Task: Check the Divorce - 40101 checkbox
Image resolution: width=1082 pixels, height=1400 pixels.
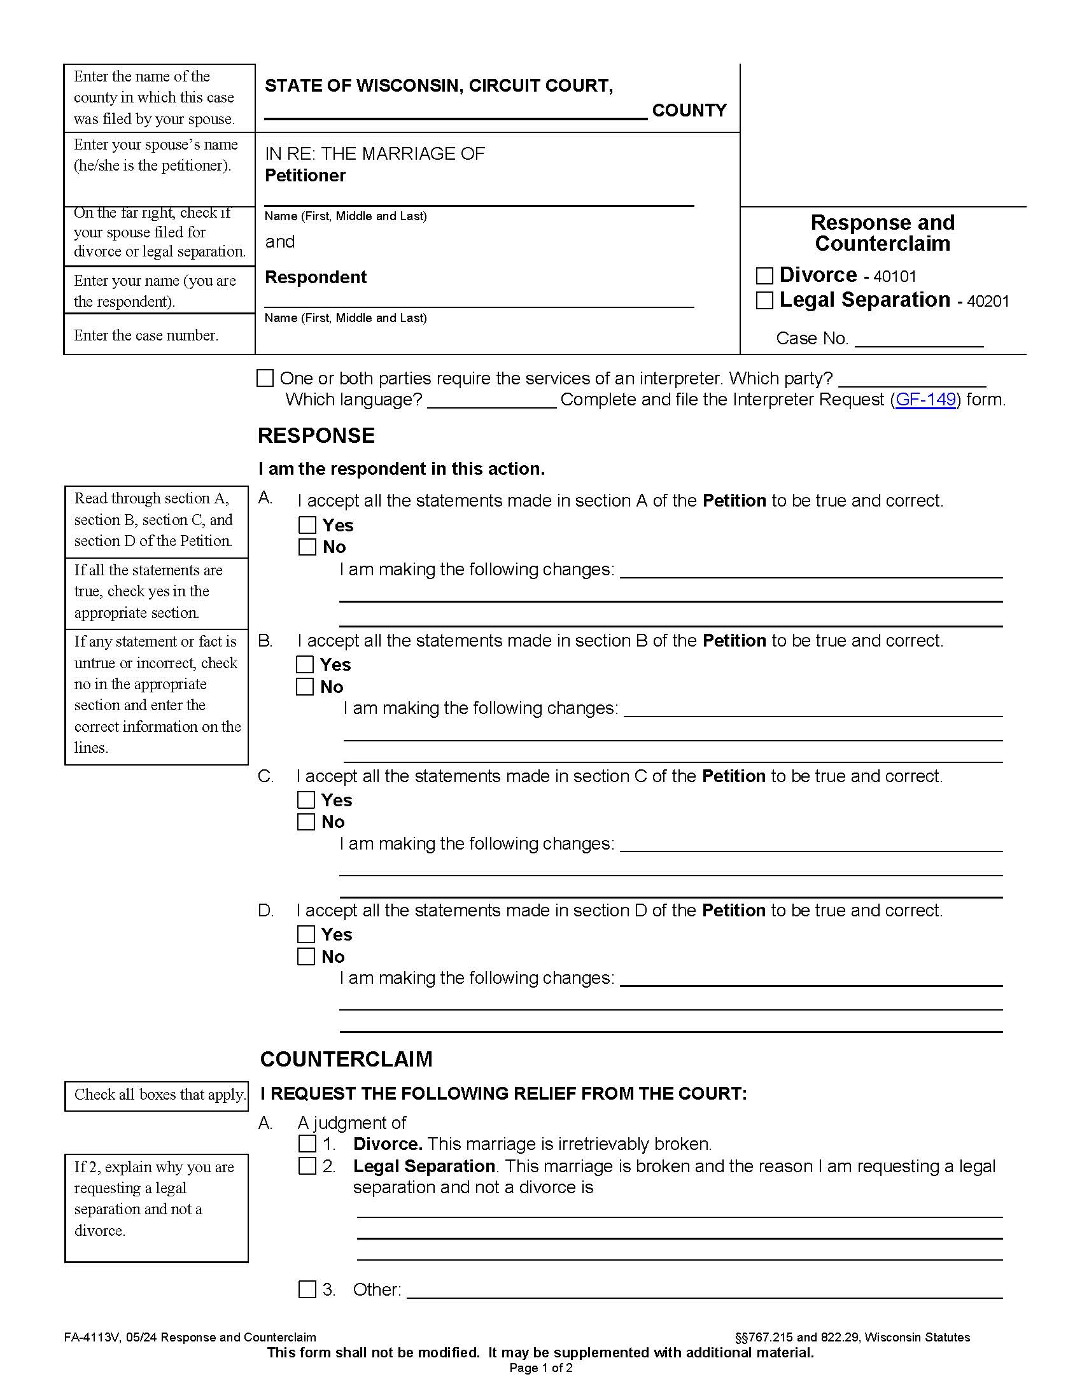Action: (x=764, y=276)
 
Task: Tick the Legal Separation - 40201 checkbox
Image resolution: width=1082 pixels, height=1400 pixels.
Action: (x=764, y=300)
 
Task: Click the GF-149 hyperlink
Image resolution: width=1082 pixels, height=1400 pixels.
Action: (x=925, y=400)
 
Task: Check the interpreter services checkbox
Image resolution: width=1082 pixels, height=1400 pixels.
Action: (x=265, y=378)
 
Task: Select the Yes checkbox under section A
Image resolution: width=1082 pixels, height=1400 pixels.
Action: (x=307, y=525)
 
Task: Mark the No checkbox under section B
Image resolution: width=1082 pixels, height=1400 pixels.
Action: (x=304, y=687)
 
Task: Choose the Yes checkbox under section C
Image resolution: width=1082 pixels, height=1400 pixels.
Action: (x=306, y=800)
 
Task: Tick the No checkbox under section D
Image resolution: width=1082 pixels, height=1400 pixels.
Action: (x=306, y=956)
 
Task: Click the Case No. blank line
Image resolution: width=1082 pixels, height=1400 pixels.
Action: (x=918, y=340)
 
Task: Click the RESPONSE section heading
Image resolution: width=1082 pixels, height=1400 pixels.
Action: (x=316, y=436)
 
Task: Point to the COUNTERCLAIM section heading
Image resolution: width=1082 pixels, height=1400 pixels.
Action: (x=346, y=1059)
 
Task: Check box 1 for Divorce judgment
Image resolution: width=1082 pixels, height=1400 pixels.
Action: (x=307, y=1144)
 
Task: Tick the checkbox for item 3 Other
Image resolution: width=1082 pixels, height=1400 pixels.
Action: (x=307, y=1289)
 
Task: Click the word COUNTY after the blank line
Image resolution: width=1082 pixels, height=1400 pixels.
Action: (x=689, y=110)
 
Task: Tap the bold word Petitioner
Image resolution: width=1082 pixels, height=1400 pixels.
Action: (x=305, y=176)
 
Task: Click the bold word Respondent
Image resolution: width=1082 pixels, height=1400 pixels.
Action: (x=315, y=277)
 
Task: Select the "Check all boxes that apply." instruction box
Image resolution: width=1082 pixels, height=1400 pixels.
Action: (x=156, y=1095)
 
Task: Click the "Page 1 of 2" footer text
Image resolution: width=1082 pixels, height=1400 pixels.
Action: (x=540, y=1368)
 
